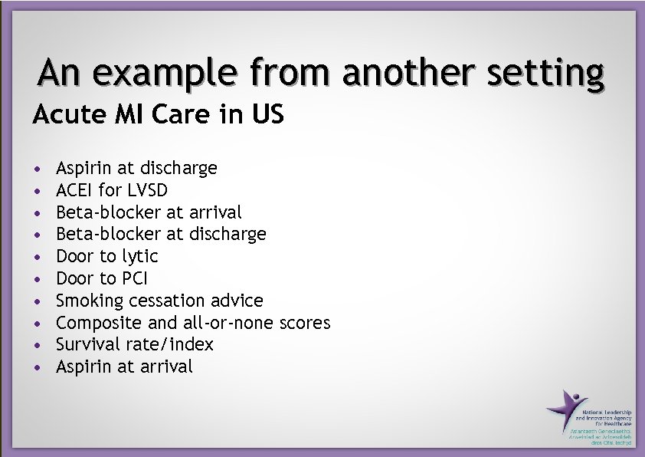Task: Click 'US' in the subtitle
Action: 269,115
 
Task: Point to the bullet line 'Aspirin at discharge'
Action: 136,168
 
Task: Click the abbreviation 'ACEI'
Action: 74,190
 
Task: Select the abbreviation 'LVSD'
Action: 146,190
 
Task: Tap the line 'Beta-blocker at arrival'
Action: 149,212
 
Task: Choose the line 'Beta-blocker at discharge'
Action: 161,234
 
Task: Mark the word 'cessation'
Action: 158,301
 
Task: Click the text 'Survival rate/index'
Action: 135,344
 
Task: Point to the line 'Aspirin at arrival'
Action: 124,367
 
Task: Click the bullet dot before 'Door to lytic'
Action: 37,257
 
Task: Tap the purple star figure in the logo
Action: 565,409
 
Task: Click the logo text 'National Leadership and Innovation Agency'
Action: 607,417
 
